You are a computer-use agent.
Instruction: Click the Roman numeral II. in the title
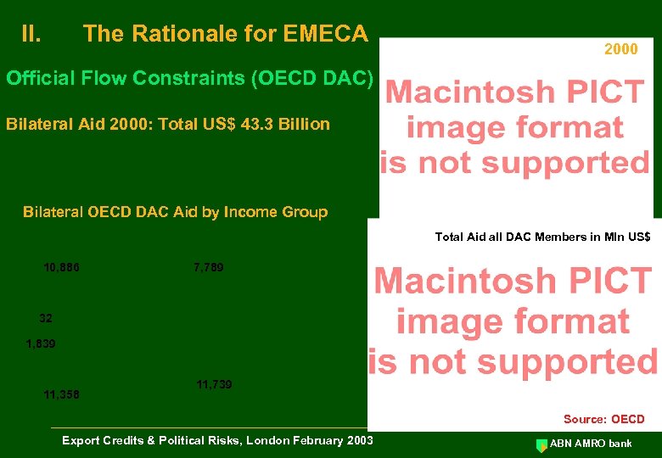pos(31,35)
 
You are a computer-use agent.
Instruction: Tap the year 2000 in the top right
pos(620,49)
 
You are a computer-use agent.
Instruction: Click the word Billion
pos(304,125)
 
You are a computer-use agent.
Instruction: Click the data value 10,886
pos(61,268)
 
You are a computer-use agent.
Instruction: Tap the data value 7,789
pos(209,268)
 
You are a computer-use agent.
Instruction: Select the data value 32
pos(46,319)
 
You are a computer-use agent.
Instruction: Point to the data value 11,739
pos(214,385)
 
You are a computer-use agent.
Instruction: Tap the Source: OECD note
pos(603,419)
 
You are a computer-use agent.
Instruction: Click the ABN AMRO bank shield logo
pos(541,444)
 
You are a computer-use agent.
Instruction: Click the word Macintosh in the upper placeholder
pos(463,92)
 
